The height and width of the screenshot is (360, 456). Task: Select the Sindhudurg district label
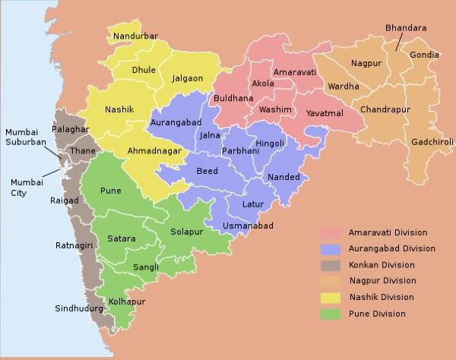click(x=80, y=308)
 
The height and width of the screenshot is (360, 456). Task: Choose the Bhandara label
click(x=406, y=28)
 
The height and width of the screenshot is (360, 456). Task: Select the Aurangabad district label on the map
click(x=176, y=122)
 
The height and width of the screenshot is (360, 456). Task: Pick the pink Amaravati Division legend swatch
click(x=331, y=232)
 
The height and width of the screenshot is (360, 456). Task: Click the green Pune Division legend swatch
click(x=331, y=314)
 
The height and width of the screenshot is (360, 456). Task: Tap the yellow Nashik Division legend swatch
click(x=331, y=298)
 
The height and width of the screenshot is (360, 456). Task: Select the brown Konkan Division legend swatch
click(x=331, y=265)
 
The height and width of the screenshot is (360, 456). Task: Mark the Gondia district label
click(x=424, y=55)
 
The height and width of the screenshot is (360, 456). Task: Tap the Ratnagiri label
click(x=74, y=245)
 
